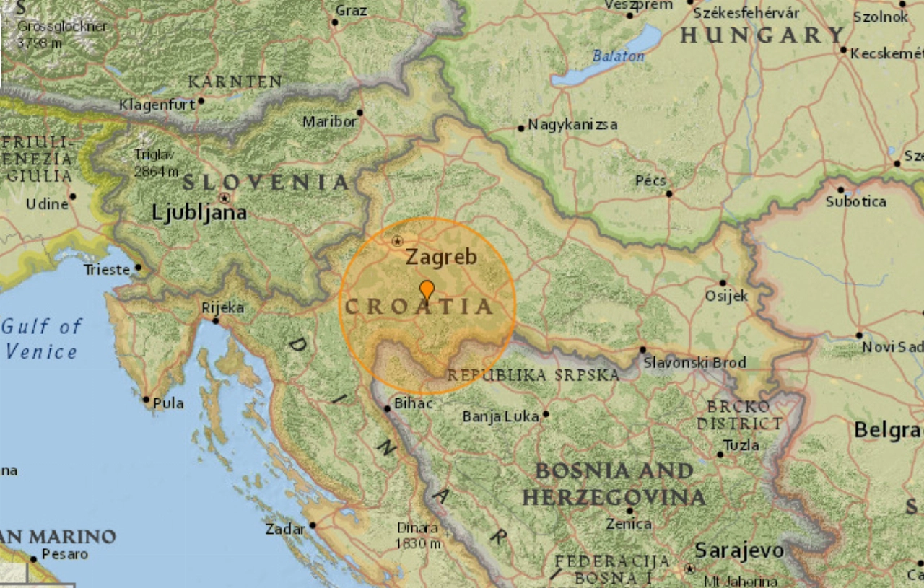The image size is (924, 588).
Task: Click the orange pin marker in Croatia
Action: pos(427,289)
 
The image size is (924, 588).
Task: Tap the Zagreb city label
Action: pos(440,257)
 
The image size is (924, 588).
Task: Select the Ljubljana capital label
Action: pos(199,212)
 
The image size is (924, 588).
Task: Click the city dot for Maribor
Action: pos(359,113)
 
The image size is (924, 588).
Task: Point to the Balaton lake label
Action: pos(618,56)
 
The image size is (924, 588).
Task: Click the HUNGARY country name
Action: pos(762,35)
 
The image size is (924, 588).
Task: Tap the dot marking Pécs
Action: pos(668,193)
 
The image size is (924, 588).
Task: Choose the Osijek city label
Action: pos(727,296)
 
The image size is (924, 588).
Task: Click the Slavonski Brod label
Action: pos(694,362)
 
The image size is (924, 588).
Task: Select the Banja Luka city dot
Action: pos(545,414)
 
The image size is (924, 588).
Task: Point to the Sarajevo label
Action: pos(738,550)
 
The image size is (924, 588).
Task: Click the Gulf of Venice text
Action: pos(41,339)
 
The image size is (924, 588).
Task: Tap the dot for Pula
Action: pos(146,399)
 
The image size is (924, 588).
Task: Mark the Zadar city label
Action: pos(285,529)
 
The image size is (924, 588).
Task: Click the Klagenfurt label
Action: pos(157,105)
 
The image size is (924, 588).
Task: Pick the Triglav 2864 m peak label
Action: pos(156,163)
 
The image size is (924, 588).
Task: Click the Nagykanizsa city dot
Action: pos(520,128)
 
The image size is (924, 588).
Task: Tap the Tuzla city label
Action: pos(741,445)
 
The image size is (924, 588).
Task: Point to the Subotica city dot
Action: pos(840,190)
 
